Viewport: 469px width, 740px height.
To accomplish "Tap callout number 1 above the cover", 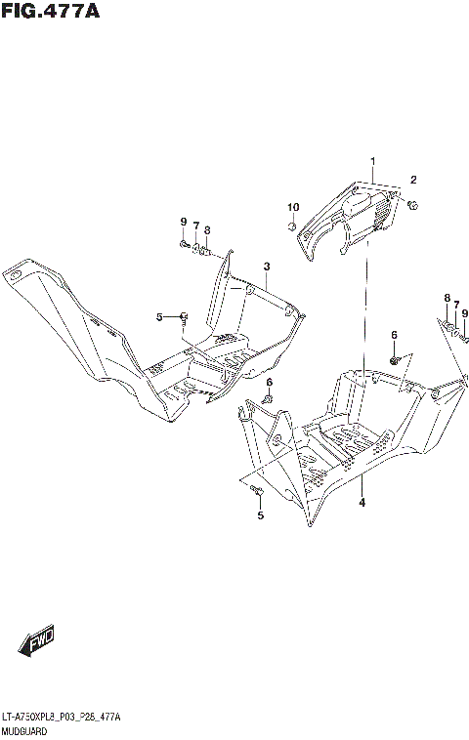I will coord(372,161).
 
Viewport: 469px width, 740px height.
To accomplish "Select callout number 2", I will coord(413,180).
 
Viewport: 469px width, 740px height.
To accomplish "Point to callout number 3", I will coord(266,267).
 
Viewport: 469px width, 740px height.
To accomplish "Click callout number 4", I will coord(362,503).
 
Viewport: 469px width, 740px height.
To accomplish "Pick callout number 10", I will coord(292,207).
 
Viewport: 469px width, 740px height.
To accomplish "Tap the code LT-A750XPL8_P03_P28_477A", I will coord(62,718).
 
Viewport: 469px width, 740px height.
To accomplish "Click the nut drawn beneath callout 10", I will coord(292,226).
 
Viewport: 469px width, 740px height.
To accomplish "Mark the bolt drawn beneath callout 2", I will coord(414,204).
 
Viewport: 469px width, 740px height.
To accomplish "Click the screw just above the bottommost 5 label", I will coord(257,489).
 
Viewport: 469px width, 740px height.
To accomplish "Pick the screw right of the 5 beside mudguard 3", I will coord(183,314).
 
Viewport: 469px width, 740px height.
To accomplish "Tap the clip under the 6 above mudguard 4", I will coord(395,360).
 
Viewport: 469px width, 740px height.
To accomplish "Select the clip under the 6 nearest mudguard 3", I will coord(269,398).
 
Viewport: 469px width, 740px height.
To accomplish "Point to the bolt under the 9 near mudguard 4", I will coord(464,339).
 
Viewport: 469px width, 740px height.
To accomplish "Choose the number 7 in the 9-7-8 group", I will coord(195,226).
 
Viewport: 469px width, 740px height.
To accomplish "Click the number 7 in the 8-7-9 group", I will coord(455,306).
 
